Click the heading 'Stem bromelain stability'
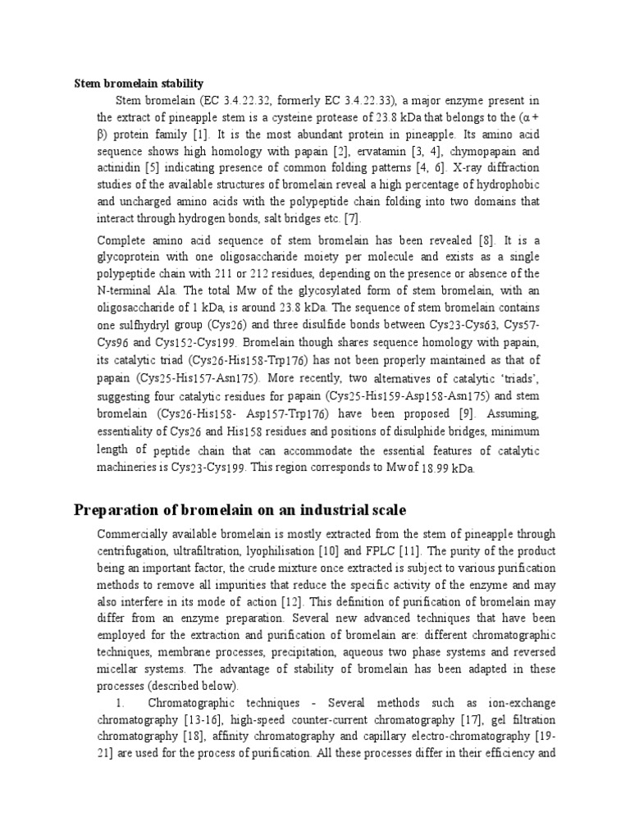click(x=139, y=83)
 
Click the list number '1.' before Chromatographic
click(x=120, y=704)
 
